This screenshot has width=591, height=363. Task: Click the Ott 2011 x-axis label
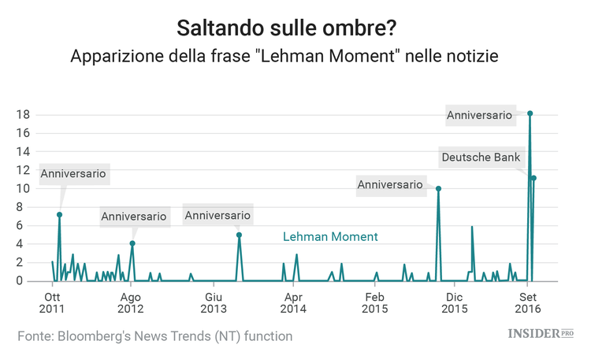pyautogui.click(x=52, y=303)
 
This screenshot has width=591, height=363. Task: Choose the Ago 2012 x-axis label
pyautogui.click(x=131, y=303)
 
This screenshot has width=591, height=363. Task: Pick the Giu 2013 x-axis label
pyautogui.click(x=213, y=303)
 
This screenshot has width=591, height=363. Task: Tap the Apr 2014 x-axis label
pyautogui.click(x=293, y=303)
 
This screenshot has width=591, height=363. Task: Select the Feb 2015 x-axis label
pyautogui.click(x=374, y=303)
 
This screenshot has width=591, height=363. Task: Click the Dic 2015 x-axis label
pyautogui.click(x=453, y=303)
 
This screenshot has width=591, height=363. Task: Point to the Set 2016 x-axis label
pyautogui.click(x=528, y=303)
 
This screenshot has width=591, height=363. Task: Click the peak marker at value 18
pyautogui.click(x=530, y=113)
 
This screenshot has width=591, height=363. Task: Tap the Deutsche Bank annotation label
pyautogui.click(x=481, y=157)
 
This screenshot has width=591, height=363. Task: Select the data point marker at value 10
pyautogui.click(x=438, y=189)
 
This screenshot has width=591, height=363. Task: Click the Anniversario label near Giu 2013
pyautogui.click(x=217, y=215)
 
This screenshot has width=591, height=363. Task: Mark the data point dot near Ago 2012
pyautogui.click(x=132, y=243)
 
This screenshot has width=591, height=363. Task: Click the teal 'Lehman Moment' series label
pyautogui.click(x=330, y=236)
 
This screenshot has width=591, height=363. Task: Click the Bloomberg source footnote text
pyautogui.click(x=155, y=336)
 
